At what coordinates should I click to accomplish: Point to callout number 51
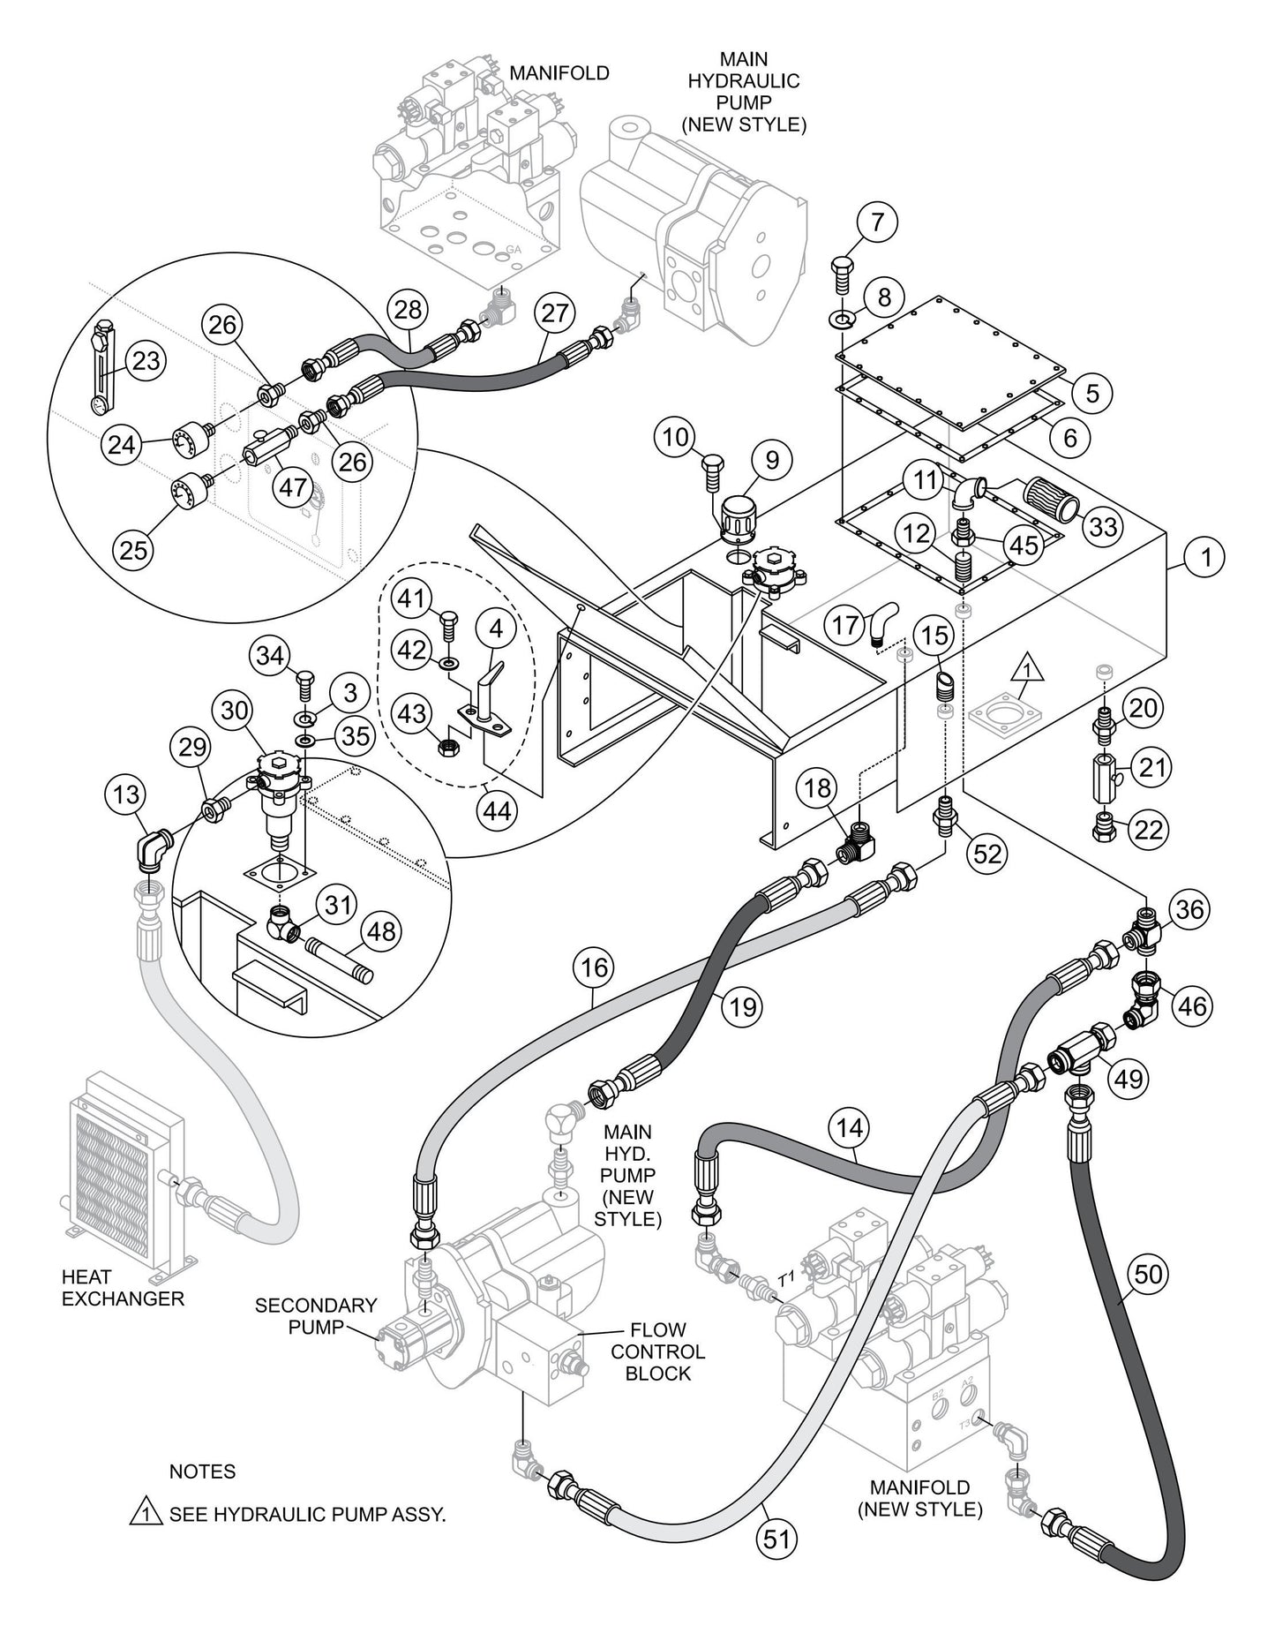(776, 1539)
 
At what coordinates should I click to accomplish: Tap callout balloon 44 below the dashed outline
(498, 809)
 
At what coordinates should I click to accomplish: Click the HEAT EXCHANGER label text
(123, 1288)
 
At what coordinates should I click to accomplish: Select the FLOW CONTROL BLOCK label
(657, 1351)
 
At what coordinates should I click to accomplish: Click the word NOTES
(202, 1472)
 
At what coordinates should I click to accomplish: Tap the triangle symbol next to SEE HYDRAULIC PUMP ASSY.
(145, 1515)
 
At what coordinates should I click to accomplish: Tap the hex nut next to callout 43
(446, 749)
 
